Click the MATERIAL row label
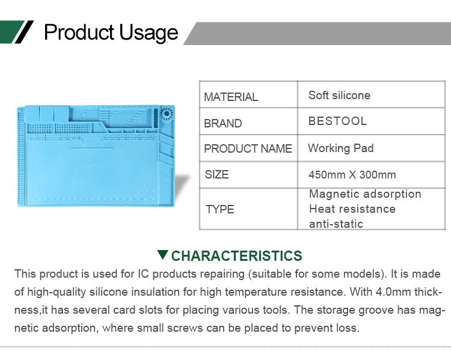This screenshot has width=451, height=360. point(231,97)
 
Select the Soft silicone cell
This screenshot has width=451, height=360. point(339,95)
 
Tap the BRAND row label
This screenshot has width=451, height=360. point(223,123)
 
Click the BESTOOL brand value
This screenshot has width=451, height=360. point(338,121)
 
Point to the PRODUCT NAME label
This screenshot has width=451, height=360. point(248,148)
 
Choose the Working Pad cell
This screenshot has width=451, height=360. point(341,148)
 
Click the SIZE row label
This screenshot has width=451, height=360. point(216,174)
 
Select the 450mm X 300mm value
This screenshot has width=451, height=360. point(352,174)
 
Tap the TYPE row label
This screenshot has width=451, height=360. point(219,209)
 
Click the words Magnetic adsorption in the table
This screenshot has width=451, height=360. point(365,194)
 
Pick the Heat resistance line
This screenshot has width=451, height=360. point(352,209)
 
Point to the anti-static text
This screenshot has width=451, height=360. point(336,224)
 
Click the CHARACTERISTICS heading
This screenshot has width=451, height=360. point(236,255)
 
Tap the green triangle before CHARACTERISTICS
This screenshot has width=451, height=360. point(163,254)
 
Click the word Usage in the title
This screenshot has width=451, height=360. point(149,32)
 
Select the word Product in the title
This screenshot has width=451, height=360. point(79,32)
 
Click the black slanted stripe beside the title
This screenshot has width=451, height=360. point(24,32)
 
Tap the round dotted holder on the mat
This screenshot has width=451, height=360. point(166,114)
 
